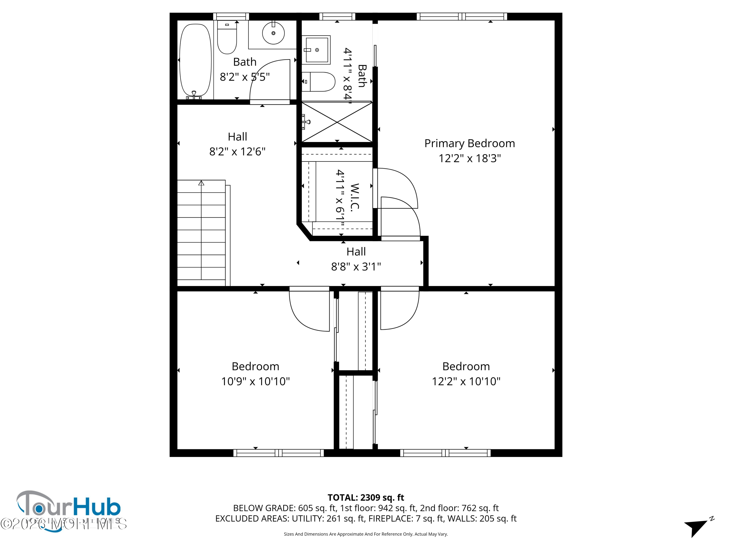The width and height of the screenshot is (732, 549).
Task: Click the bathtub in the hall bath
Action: coord(195,60)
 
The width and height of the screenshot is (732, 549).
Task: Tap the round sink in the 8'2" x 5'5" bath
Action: coord(273,33)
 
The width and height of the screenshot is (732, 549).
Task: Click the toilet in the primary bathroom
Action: coord(319,81)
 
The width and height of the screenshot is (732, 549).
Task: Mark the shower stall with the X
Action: coord(337,122)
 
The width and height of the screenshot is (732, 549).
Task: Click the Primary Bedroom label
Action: coord(470,143)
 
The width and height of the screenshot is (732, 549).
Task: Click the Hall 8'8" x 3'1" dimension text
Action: coord(356,266)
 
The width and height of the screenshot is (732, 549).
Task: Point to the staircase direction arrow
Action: coord(201,183)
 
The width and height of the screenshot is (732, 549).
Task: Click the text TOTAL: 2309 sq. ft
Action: coord(366,497)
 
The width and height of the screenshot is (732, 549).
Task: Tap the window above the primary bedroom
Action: coord(462,17)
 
